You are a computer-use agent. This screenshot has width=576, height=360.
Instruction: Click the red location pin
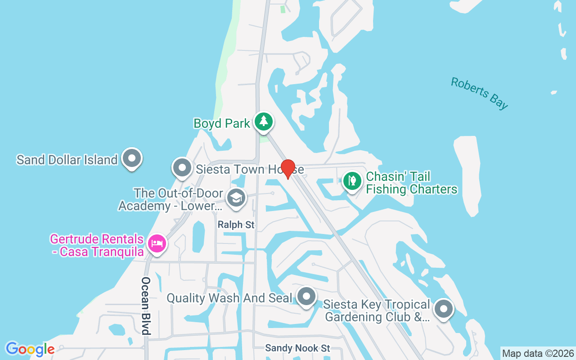tap(288, 168)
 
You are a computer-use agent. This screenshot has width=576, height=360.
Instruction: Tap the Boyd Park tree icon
tap(264, 121)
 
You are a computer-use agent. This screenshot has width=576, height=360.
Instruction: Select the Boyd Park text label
tap(221, 123)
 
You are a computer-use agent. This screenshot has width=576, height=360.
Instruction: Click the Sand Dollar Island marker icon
tap(132, 158)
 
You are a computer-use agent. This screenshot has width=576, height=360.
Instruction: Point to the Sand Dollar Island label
tap(67, 160)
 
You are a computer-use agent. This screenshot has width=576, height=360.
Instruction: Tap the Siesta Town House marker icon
tap(182, 167)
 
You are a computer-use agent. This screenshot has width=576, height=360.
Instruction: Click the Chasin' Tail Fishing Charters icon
tap(352, 181)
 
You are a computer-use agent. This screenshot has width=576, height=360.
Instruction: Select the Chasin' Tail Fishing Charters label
tap(411, 183)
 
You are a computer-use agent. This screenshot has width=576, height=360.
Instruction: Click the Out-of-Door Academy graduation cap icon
tap(236, 198)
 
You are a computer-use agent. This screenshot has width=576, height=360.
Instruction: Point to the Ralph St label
tap(236, 224)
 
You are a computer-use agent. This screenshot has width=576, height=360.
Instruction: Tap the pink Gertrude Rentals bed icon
tap(157, 243)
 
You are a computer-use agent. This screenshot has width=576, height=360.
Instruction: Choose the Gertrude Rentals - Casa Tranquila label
tap(97, 245)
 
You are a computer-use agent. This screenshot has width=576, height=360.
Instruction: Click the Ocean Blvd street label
tap(145, 306)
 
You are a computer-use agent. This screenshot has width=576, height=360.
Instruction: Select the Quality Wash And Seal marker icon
tap(307, 297)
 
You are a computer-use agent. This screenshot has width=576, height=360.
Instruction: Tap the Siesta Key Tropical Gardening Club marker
tap(444, 309)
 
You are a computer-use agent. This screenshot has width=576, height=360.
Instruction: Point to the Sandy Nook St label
tap(297, 348)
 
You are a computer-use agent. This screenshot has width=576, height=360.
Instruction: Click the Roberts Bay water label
tap(479, 93)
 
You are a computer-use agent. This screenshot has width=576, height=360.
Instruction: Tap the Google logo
tap(30, 349)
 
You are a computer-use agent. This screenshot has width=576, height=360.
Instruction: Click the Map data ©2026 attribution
tap(538, 353)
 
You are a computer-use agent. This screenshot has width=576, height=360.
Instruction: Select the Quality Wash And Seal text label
tap(229, 298)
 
